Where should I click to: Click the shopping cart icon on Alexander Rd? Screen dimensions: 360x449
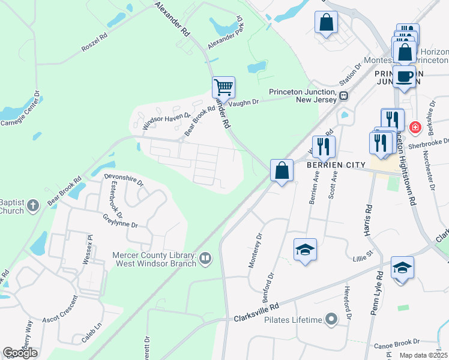[x=223, y=88]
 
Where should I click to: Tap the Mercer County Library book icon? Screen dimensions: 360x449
[x=205, y=258]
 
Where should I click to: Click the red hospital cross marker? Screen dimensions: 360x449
[x=414, y=127]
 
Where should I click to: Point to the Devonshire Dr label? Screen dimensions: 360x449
[x=124, y=178]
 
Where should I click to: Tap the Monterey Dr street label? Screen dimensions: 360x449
[x=256, y=250]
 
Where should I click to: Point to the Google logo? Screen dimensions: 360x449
[x=20, y=353]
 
